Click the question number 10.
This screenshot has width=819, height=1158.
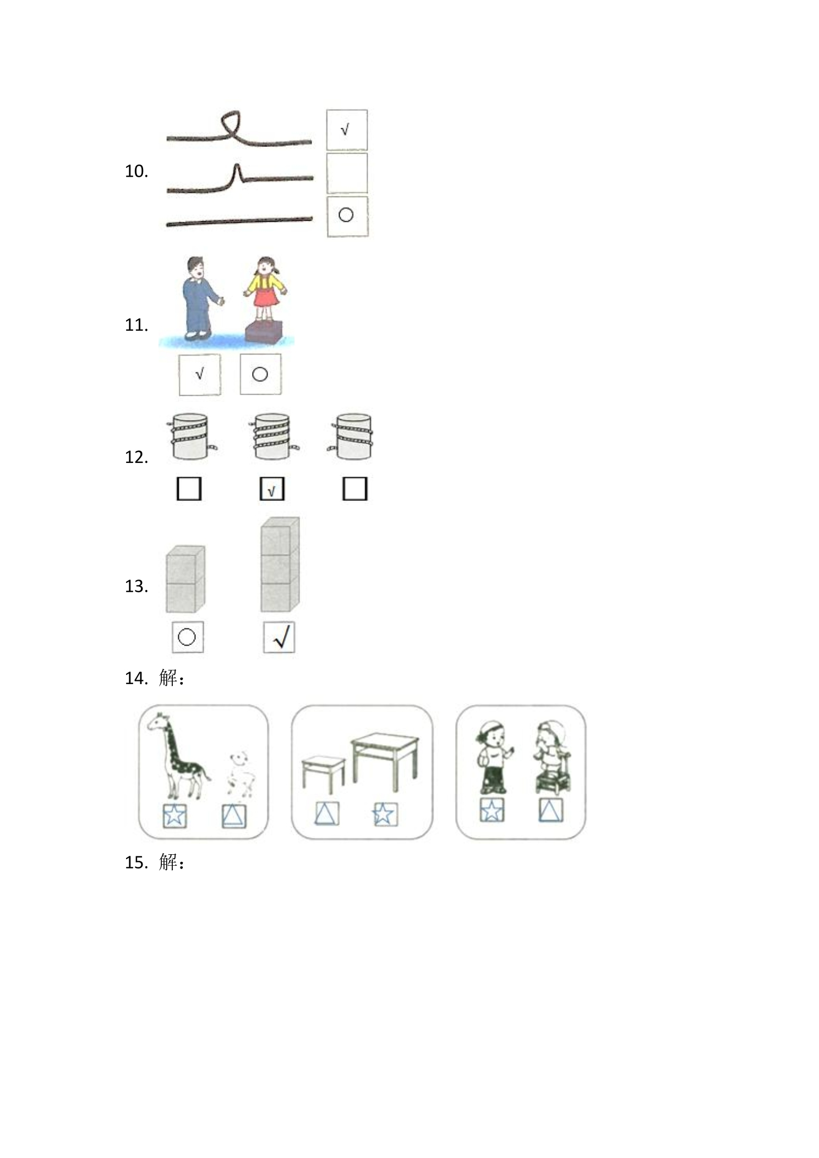(136, 171)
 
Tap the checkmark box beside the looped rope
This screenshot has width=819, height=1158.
(347, 130)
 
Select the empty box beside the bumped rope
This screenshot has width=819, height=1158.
(347, 173)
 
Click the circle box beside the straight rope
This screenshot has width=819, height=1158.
(347, 216)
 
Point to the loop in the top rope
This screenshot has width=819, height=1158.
(232, 124)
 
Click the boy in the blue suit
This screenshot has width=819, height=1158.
(201, 297)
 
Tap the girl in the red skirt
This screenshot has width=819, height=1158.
(265, 289)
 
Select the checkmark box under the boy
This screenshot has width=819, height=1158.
(200, 374)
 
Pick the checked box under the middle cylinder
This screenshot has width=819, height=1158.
(272, 489)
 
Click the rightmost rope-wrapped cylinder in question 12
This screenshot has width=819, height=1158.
(353, 436)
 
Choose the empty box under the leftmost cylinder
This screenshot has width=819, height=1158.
(189, 489)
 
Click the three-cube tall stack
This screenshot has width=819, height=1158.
(280, 564)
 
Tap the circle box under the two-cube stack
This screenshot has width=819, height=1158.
(188, 637)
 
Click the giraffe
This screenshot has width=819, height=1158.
(177, 755)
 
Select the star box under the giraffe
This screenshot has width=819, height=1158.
(174, 816)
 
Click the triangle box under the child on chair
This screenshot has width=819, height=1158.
(551, 811)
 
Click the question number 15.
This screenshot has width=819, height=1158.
(136, 862)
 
